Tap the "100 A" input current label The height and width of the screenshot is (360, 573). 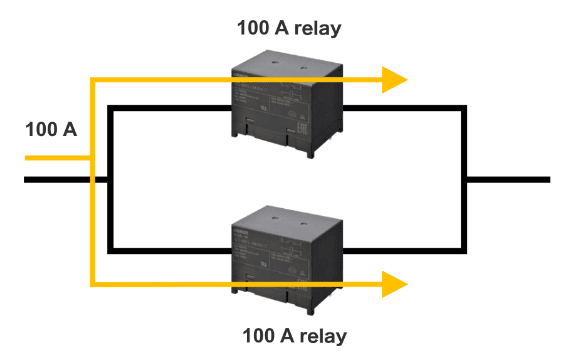(x=51, y=130)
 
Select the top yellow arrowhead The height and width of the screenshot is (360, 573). (x=395, y=80)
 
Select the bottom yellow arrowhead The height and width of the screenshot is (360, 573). (x=395, y=284)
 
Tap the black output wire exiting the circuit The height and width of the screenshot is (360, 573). (x=508, y=180)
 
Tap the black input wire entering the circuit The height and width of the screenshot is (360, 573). (x=63, y=180)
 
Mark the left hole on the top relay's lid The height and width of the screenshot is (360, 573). (x=275, y=63)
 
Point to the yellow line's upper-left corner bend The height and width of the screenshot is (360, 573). (x=93, y=80)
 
